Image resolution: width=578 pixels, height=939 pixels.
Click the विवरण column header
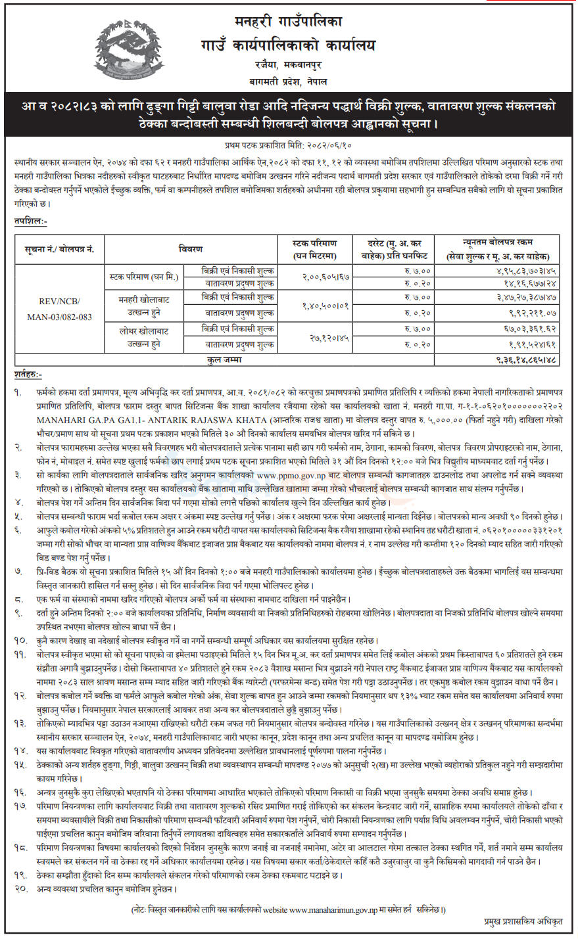(191, 249)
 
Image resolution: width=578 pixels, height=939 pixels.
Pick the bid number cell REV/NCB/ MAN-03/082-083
(60, 309)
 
